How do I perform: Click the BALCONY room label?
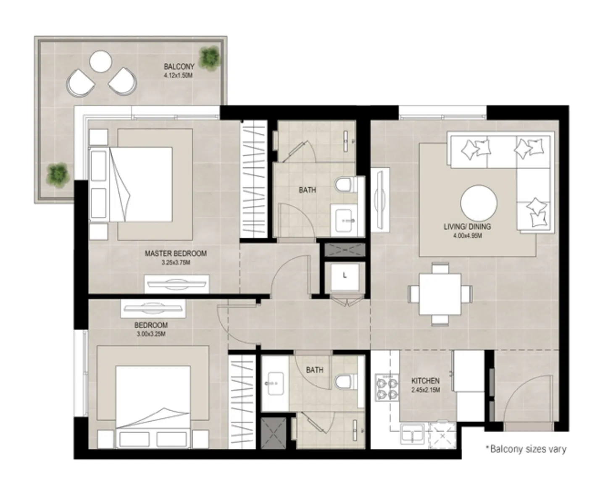(x=179, y=66)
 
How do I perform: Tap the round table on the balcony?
(x=100, y=61)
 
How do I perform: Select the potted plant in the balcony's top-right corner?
(x=209, y=58)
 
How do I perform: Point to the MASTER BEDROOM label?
(x=176, y=253)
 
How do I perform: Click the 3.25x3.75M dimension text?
(x=176, y=263)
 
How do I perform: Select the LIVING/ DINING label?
(x=467, y=226)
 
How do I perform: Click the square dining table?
(x=440, y=294)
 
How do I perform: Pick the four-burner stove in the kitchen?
(x=387, y=388)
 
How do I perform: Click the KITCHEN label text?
(x=425, y=380)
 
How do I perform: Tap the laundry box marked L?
(x=345, y=276)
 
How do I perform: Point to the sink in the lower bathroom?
(x=275, y=383)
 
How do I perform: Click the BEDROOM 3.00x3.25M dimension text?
(x=151, y=334)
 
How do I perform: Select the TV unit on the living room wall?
(x=380, y=199)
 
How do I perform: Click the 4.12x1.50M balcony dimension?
(x=178, y=76)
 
